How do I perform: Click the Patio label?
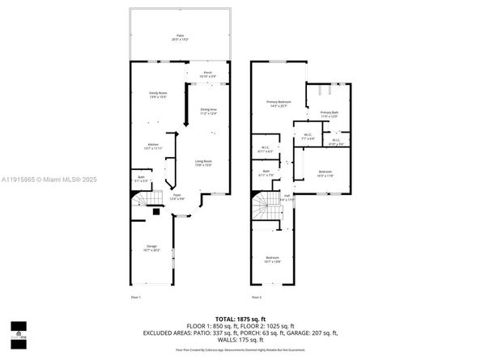[180, 36]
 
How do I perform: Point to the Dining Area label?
[210, 111]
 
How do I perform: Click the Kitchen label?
[152, 146]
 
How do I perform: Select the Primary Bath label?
[328, 114]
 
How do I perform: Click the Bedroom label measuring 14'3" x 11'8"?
[325, 173]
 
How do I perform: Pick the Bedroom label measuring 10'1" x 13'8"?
[272, 260]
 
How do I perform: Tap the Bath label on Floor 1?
[142, 179]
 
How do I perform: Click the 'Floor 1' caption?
[135, 298]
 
